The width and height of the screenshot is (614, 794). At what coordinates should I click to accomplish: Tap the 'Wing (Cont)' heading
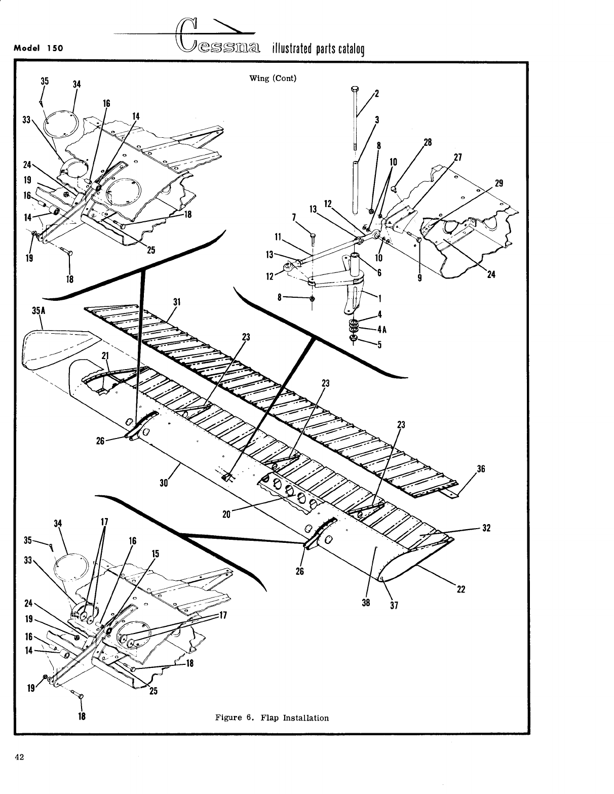pyautogui.click(x=273, y=78)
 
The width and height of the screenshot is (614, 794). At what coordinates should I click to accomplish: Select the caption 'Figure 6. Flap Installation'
pyautogui.click(x=272, y=718)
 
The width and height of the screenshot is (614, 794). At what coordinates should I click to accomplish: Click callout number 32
pyautogui.click(x=486, y=528)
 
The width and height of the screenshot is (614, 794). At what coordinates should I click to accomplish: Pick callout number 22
pyautogui.click(x=460, y=589)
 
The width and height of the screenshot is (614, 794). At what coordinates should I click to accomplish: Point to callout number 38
pyautogui.click(x=366, y=603)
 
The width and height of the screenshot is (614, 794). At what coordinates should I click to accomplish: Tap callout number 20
pyautogui.click(x=226, y=515)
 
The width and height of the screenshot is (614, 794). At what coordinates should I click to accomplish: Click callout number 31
pyautogui.click(x=177, y=302)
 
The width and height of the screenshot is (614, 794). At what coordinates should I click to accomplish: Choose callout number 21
pyautogui.click(x=105, y=355)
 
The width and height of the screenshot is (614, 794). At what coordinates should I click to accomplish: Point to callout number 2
pyautogui.click(x=377, y=93)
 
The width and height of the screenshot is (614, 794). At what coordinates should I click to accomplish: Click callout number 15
pyautogui.click(x=155, y=553)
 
